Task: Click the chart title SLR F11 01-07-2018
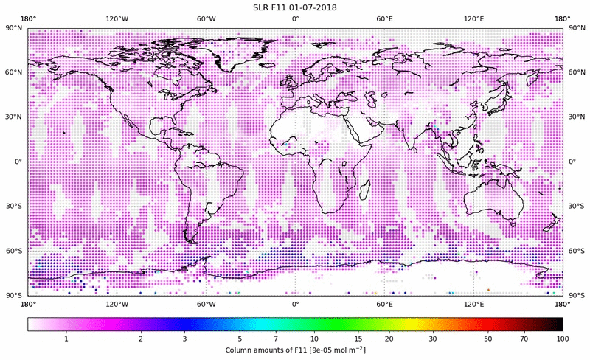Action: point(295,7)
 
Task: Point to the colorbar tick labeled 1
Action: point(66,338)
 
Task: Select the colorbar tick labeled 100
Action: point(563,338)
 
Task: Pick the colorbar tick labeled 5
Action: point(240,338)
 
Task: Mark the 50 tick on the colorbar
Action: point(488,338)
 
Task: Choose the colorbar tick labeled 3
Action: point(185,338)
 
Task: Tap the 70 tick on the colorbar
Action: point(524,338)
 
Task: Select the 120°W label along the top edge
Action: point(117,18)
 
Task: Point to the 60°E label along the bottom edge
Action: point(384,303)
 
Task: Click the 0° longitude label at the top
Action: point(295,18)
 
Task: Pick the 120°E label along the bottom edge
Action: point(473,303)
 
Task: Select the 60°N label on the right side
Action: point(576,72)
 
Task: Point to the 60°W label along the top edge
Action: point(206,18)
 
